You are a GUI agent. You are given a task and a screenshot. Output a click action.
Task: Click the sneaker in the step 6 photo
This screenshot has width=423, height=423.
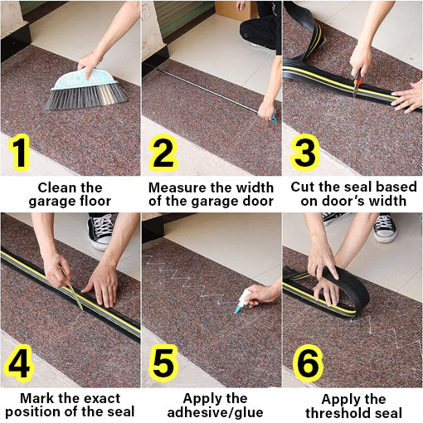pos(384,226)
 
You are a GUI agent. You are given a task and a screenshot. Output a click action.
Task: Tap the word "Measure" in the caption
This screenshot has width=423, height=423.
pos(173,187)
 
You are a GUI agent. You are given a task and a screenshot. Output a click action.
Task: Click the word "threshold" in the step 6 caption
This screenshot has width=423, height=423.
pos(338,412)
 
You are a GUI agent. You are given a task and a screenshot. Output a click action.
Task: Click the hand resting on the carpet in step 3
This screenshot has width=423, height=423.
pos(407,98)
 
